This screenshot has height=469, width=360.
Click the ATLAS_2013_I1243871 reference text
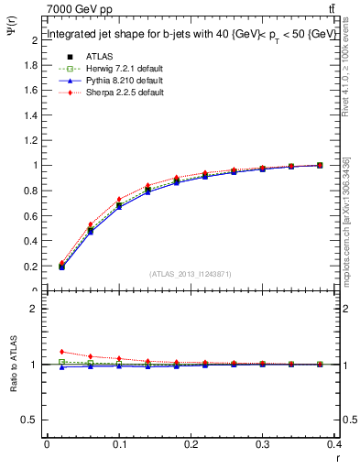tap(189, 274)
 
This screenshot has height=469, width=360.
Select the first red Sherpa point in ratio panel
tap(61, 352)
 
